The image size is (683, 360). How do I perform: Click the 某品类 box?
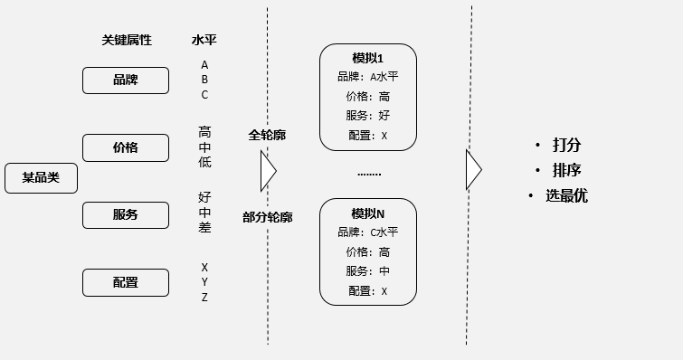(41, 178)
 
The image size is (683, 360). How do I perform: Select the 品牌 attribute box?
(126, 81)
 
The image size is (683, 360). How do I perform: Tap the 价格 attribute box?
(126, 147)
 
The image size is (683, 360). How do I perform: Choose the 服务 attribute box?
(126, 215)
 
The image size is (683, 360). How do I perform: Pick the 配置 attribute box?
(126, 282)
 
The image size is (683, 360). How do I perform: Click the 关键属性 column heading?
(127, 40)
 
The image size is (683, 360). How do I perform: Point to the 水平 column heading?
(204, 40)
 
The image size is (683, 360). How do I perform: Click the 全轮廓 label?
(267, 135)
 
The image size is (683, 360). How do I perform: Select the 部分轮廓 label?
(267, 217)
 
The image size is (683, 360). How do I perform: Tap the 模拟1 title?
(367, 58)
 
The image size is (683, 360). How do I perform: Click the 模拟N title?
(367, 213)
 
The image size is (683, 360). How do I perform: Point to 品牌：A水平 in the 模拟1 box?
(367, 77)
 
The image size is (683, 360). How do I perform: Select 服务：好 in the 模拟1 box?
(367, 116)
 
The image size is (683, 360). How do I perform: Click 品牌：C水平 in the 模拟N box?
(367, 232)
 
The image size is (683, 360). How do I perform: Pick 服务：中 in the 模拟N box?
(367, 271)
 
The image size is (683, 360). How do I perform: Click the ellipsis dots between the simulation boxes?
(369, 173)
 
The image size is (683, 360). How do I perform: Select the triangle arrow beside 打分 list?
(473, 170)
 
